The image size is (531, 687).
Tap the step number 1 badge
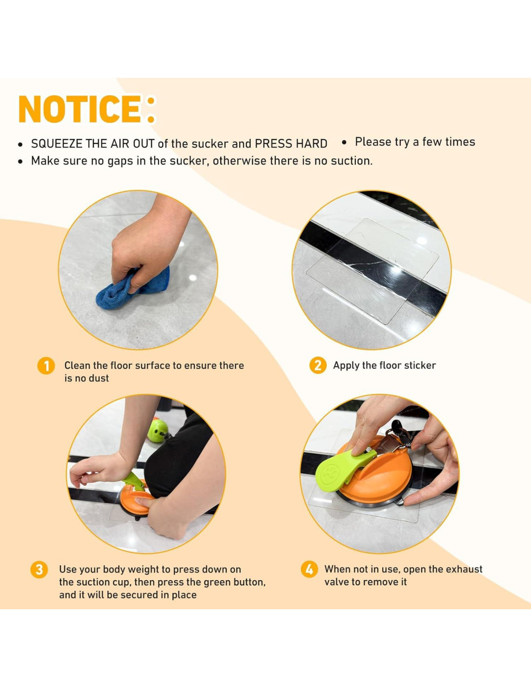[46, 366]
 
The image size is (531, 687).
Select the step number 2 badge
[318, 365]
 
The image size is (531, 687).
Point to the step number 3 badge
[39, 570]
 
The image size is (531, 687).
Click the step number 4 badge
[309, 569]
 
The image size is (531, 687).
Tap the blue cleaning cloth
[133, 287]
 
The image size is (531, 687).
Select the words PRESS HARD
[291, 144]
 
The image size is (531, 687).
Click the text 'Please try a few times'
[415, 142]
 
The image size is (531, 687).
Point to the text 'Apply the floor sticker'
[384, 365]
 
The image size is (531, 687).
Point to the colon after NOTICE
[151, 109]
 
